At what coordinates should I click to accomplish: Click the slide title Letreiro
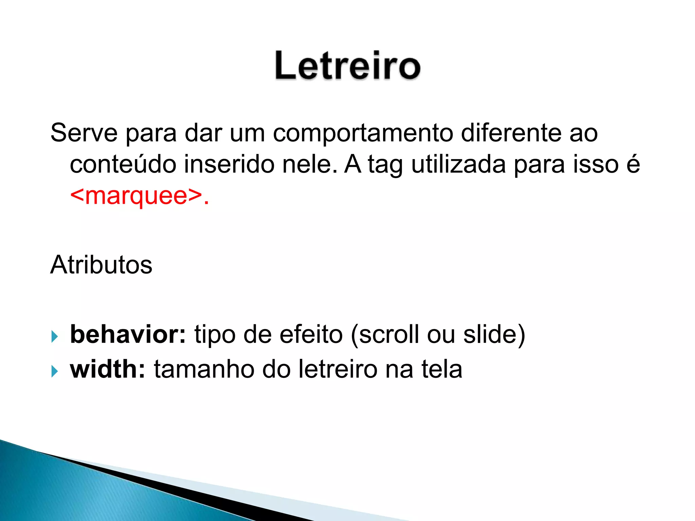(347, 65)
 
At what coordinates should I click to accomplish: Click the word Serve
(84, 133)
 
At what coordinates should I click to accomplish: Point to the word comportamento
(363, 133)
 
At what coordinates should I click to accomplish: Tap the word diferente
(511, 133)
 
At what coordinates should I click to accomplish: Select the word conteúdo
(123, 164)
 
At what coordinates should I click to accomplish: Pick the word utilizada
(458, 164)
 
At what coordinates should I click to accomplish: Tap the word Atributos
(101, 265)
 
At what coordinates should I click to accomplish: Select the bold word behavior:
(128, 334)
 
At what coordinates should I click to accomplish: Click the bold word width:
(108, 369)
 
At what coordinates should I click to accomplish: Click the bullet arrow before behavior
(55, 336)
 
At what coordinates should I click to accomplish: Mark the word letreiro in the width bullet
(338, 369)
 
